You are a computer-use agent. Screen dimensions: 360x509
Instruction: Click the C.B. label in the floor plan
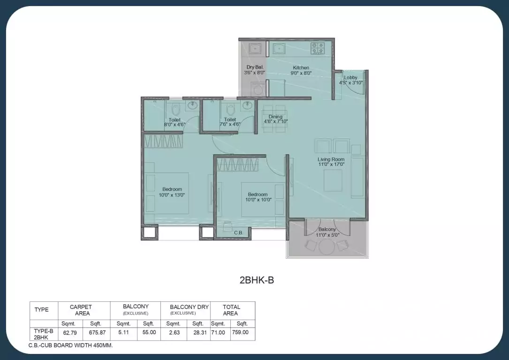(x=238, y=232)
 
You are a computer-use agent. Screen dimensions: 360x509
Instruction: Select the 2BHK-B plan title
(x=257, y=280)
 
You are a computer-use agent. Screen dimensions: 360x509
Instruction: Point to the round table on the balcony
(x=326, y=247)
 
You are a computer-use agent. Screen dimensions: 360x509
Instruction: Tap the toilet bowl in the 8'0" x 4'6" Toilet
(x=176, y=110)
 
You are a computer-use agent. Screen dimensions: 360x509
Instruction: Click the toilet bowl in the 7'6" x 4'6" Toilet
(x=230, y=110)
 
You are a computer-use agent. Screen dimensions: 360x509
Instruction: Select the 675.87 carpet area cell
(x=97, y=332)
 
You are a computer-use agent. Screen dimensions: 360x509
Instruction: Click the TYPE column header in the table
(x=42, y=310)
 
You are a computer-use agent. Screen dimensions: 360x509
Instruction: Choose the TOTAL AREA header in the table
(x=231, y=310)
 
